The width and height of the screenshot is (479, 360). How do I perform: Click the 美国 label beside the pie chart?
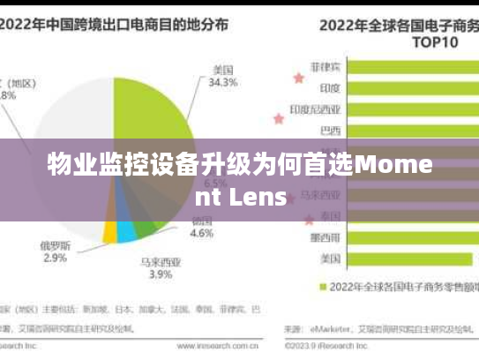tap(223, 69)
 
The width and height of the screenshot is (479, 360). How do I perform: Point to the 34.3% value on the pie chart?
tap(223, 83)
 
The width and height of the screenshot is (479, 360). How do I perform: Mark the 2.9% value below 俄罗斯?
tap(54, 258)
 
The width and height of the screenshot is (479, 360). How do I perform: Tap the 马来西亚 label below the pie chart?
tap(161, 261)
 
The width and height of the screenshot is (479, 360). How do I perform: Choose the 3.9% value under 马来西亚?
tap(161, 274)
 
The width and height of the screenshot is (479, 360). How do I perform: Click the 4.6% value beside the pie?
tap(202, 234)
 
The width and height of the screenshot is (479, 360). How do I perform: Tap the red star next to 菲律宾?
tap(298, 77)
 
